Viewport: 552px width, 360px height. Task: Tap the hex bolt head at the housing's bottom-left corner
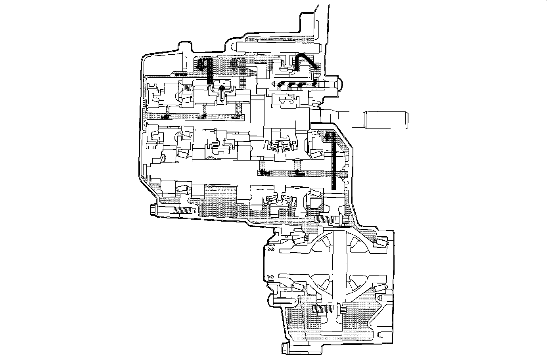285,348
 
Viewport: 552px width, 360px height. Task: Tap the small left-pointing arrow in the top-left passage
180,74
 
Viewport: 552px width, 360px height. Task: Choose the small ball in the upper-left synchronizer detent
222,88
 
